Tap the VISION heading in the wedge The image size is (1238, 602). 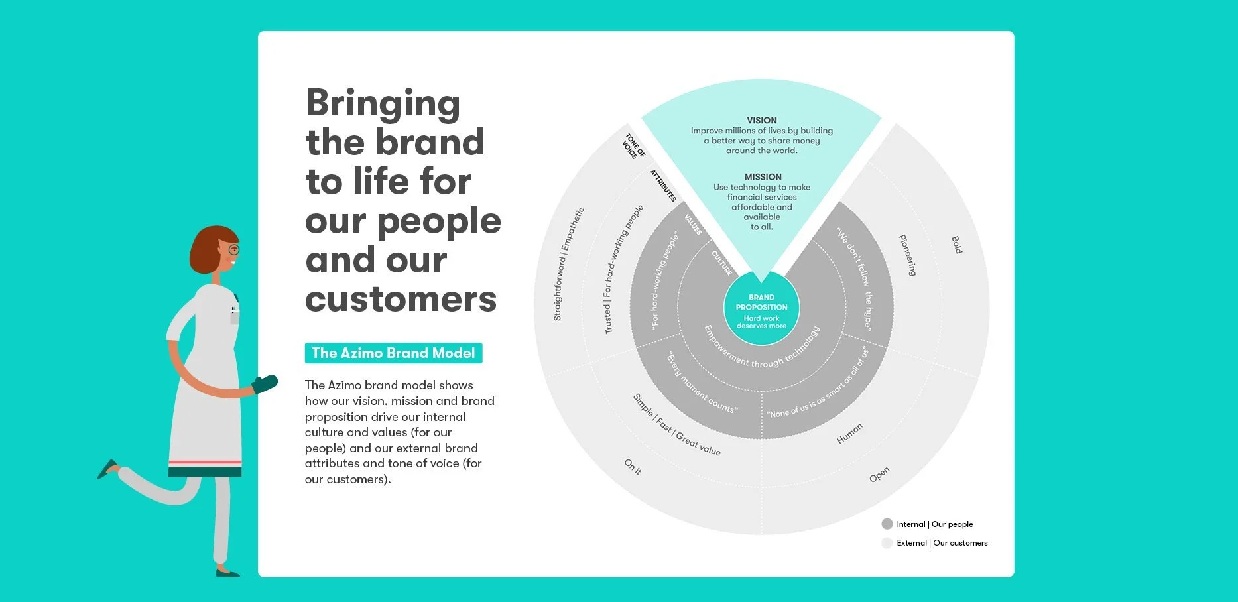(761, 121)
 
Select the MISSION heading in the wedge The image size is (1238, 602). (763, 177)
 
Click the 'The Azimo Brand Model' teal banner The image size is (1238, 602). (393, 353)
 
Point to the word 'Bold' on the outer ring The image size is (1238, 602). (956, 245)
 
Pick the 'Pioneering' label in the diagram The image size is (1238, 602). (907, 255)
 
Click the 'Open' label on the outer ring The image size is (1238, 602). (879, 475)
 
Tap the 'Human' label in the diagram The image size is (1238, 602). (849, 433)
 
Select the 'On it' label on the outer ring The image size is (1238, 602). (633, 467)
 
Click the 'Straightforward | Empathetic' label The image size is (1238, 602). (568, 264)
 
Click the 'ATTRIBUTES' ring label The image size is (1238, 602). (662, 186)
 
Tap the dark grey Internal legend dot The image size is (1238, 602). (887, 524)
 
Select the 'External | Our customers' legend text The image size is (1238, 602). (942, 543)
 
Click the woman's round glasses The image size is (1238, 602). (233, 250)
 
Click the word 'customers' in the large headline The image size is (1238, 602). (401, 300)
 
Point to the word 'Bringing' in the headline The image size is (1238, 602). (383, 104)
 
